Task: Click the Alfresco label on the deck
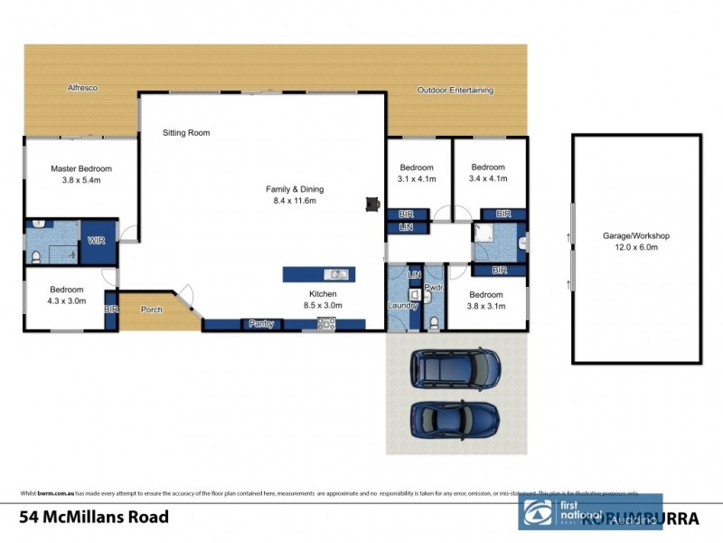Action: [x=82, y=88]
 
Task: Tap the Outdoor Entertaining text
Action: [x=455, y=90]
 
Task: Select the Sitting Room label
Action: [x=186, y=133]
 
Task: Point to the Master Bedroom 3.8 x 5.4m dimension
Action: [x=80, y=180]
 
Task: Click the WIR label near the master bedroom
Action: [x=97, y=241]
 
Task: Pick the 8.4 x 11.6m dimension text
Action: [x=294, y=200]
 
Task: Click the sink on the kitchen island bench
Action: [x=335, y=273]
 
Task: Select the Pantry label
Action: [x=261, y=323]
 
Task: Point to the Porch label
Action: [x=152, y=310]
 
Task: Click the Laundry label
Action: [x=401, y=306]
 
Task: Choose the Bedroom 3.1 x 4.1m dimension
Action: [x=417, y=179]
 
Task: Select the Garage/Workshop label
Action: [x=636, y=235]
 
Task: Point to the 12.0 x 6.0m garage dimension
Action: [x=636, y=246]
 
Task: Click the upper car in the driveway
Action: [x=455, y=366]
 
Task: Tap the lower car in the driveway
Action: [x=454, y=419]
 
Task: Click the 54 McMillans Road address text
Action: [x=93, y=518]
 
